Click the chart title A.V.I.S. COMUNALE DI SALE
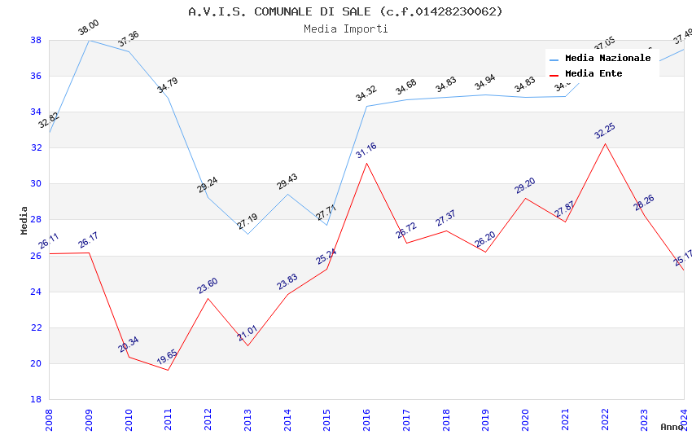click(345, 11)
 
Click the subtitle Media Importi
click(345, 29)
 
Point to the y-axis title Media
click(24, 220)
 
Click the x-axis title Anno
click(672, 427)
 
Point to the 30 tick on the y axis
click(36, 184)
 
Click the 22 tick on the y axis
click(36, 327)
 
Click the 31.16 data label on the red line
click(366, 152)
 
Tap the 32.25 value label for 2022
click(605, 132)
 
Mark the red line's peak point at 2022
click(605, 144)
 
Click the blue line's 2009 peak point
click(89, 40)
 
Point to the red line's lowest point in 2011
click(169, 370)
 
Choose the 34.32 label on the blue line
click(366, 94)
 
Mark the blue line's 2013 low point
click(247, 234)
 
